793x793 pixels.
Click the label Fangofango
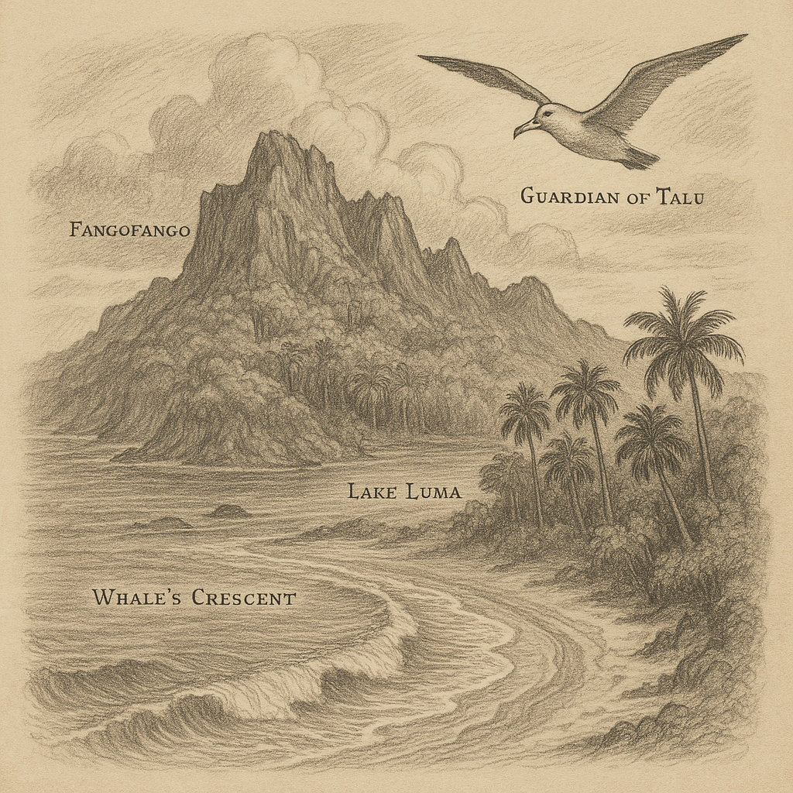coord(129,230)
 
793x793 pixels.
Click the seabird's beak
coord(523,129)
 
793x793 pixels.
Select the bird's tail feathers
coord(640,159)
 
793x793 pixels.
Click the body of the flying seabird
coord(589,136)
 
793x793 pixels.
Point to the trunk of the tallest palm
coord(701,434)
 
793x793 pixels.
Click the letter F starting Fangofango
coord(75,230)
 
